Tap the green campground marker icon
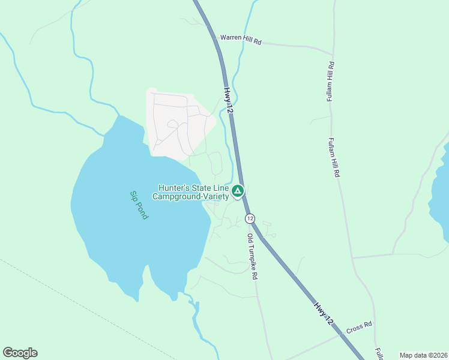point(238,191)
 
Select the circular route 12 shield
point(250,218)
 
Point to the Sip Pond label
point(139,205)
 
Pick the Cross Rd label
point(359,328)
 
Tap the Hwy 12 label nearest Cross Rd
point(322,314)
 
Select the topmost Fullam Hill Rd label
point(330,82)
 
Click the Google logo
point(20,353)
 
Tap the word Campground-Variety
point(190,196)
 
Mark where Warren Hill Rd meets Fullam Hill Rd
point(333,54)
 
